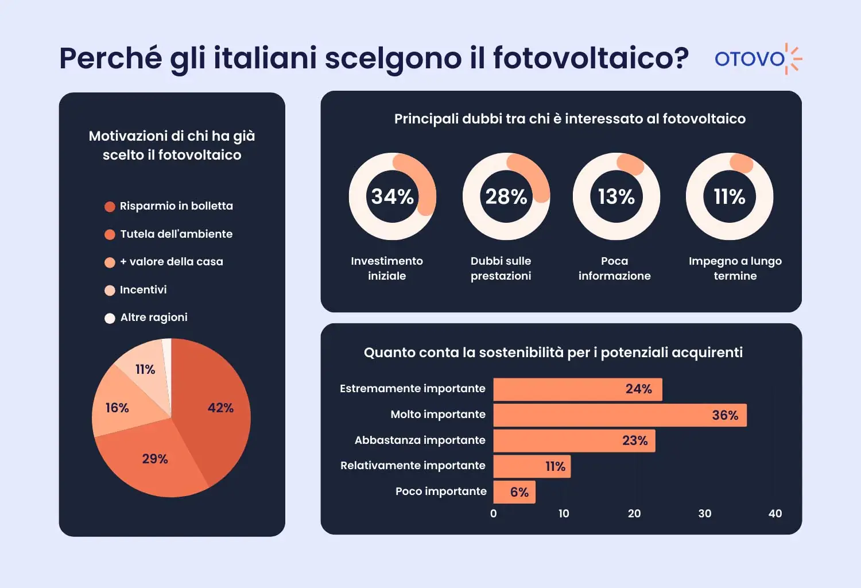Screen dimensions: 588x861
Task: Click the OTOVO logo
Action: coord(758,59)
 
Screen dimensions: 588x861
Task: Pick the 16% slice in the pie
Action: coord(121,408)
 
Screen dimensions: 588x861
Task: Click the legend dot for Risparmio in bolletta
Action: coord(110,207)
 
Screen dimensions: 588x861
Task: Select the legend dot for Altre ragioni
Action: coord(110,318)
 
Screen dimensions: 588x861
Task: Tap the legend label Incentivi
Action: coord(143,290)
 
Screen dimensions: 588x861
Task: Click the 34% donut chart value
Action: coord(393,197)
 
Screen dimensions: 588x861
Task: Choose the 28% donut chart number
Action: coord(506,197)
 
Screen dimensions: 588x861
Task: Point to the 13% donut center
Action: coord(616,197)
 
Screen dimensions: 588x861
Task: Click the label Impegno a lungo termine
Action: coord(735,268)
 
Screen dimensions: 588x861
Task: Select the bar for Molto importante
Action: coord(620,415)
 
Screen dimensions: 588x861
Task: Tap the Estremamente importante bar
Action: coord(577,389)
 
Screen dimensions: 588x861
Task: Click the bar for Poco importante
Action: coord(514,492)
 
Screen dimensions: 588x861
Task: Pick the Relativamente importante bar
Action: coord(532,466)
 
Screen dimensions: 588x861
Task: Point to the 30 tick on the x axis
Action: coord(705,514)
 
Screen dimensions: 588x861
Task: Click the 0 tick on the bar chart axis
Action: coord(494,514)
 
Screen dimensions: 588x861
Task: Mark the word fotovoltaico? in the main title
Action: coord(591,59)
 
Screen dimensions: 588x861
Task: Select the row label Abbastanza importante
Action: coord(420,440)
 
